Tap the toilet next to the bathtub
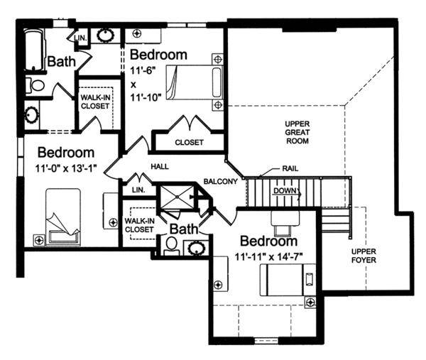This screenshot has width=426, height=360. pos(35,87)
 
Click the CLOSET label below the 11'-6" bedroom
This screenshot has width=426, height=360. pos(188,142)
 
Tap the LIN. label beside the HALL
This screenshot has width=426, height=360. pos(138,190)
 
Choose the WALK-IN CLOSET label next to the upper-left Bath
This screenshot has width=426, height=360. pos(96,101)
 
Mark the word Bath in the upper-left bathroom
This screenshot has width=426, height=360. pos(62,62)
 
